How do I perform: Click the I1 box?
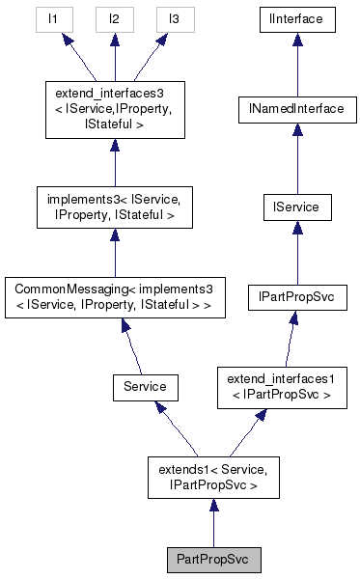tap(55, 17)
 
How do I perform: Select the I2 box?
tap(114, 17)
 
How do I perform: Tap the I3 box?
tap(174, 17)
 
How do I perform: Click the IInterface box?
tap(295, 17)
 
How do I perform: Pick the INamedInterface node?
tap(295, 110)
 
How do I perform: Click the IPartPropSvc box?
tap(295, 298)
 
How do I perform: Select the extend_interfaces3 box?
tap(114, 110)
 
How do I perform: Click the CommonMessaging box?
tap(114, 298)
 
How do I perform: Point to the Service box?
tap(145, 386)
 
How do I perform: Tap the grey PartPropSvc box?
tap(212, 560)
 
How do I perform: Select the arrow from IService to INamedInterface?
tap(295, 158)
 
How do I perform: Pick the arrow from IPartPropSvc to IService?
tap(295, 252)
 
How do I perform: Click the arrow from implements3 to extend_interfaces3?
tap(114, 158)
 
